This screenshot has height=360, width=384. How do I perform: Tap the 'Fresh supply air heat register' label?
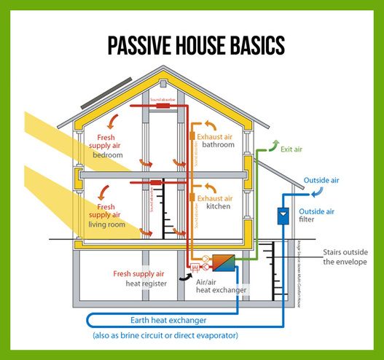(140, 278)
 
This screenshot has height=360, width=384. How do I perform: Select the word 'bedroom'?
(108, 155)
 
